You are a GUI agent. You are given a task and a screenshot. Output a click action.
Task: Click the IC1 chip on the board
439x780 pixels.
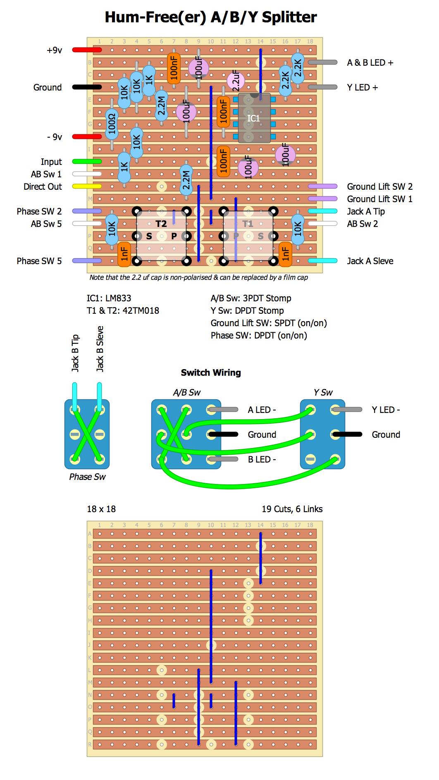[254, 118]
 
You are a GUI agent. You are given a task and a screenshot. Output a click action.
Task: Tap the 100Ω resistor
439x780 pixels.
[112, 124]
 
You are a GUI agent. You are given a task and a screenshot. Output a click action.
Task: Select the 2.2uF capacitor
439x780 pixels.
[236, 81]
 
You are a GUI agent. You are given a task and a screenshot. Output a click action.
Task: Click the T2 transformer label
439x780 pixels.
[161, 224]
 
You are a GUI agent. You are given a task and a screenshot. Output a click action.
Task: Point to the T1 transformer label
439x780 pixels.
[248, 224]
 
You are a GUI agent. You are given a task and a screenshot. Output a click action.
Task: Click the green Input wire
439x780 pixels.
[87, 162]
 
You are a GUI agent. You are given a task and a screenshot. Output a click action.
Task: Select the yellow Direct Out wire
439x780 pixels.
[87, 186]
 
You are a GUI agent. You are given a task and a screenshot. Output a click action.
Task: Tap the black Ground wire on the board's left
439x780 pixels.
[87, 87]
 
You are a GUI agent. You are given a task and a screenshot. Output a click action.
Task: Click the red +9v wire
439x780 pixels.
[87, 50]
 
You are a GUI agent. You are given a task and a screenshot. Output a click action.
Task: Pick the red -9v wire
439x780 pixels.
[87, 137]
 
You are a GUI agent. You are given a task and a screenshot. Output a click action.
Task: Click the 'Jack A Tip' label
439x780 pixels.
[366, 212]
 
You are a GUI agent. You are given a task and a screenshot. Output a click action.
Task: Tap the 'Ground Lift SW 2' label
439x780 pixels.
[379, 187]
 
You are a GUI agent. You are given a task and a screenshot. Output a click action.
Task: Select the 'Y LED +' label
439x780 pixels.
[362, 88]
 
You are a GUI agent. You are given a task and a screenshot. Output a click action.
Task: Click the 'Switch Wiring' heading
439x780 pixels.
[211, 373]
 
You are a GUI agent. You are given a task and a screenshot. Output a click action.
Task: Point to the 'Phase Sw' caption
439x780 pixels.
[87, 477]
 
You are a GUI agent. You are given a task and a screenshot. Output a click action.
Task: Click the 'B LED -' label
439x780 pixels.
[262, 460]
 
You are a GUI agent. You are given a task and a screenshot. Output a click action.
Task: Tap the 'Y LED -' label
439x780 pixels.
[386, 410]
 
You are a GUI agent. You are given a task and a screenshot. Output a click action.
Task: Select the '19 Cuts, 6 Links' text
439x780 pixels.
[292, 509]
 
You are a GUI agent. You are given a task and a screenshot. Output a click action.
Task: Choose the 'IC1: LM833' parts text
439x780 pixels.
[109, 298]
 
